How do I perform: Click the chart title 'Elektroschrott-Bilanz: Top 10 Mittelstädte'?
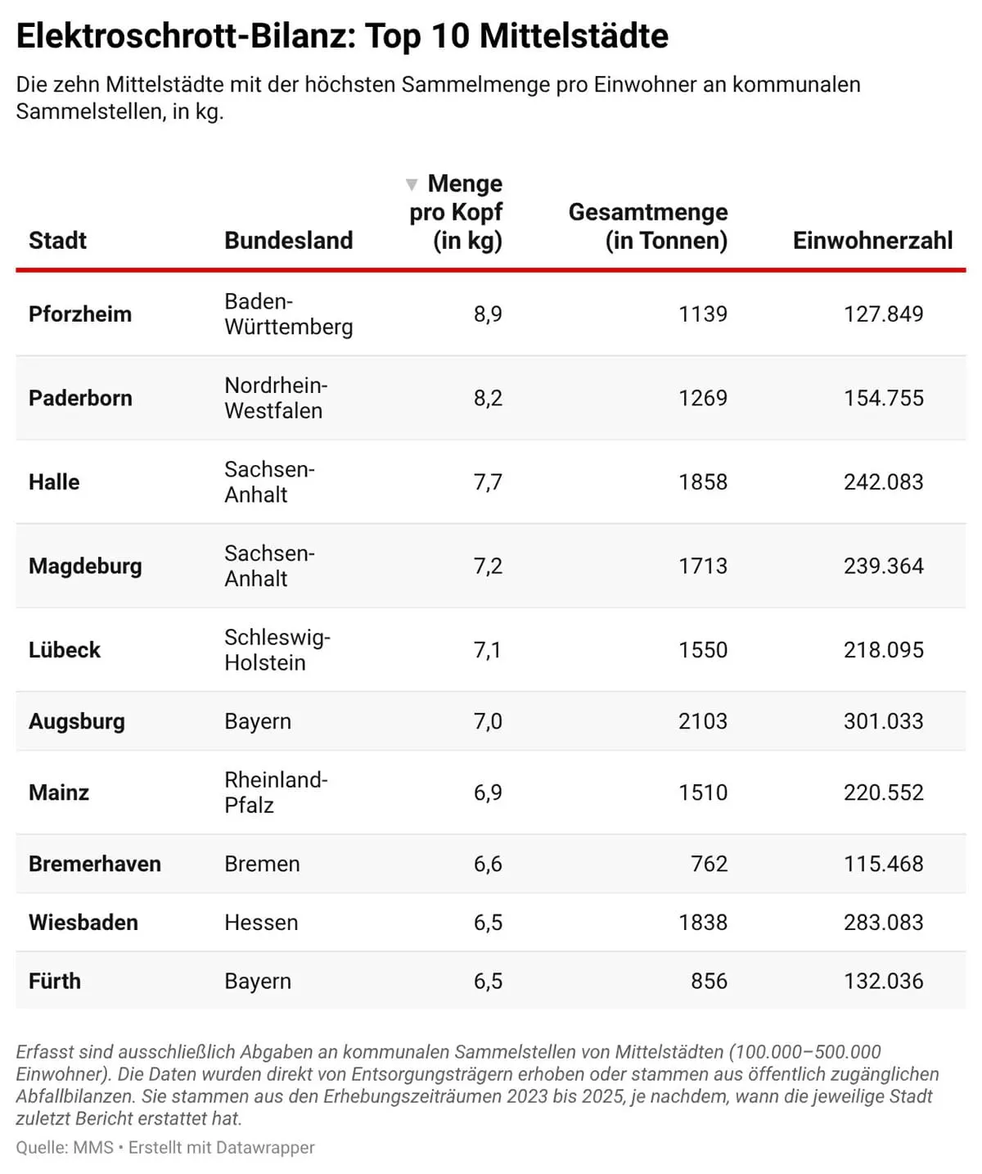pyautogui.click(x=342, y=37)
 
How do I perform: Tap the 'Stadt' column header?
pyautogui.click(x=57, y=240)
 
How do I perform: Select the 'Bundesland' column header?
pyautogui.click(x=288, y=240)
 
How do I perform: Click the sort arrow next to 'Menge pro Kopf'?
pyautogui.click(x=412, y=184)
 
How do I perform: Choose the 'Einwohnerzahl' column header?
pyautogui.click(x=872, y=240)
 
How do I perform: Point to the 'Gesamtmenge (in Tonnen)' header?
pyautogui.click(x=648, y=226)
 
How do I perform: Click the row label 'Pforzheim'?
pyautogui.click(x=80, y=314)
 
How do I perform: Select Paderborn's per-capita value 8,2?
pyautogui.click(x=488, y=398)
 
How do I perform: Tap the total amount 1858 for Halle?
pyautogui.click(x=702, y=481)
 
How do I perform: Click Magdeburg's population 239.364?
pyautogui.click(x=883, y=566)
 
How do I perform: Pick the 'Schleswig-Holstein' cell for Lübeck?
pyautogui.click(x=277, y=649)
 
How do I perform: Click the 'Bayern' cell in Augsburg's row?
pyautogui.click(x=258, y=721)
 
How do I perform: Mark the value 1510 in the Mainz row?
pyautogui.click(x=702, y=792)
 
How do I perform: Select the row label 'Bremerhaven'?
pyautogui.click(x=95, y=864)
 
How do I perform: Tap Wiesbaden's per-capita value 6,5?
pyautogui.click(x=488, y=923)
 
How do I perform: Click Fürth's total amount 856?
pyautogui.click(x=709, y=981)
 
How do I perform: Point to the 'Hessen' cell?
pyautogui.click(x=261, y=923)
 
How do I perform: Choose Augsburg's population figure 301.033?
pyautogui.click(x=883, y=721)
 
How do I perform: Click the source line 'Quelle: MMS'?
pyautogui.click(x=65, y=1148)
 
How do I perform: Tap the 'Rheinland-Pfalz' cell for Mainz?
pyautogui.click(x=276, y=792)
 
